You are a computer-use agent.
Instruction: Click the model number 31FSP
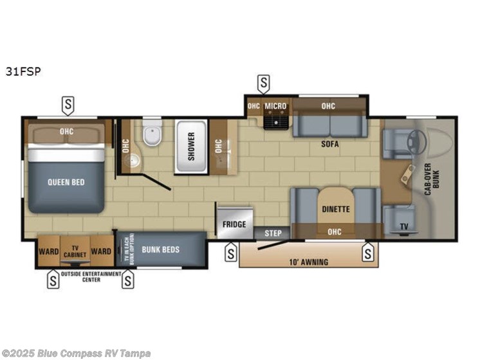23,72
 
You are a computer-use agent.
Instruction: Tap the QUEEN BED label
66,182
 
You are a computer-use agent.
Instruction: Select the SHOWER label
191,147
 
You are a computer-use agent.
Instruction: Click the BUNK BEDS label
160,249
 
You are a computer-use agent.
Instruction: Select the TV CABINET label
75,251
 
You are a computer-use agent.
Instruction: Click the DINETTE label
336,209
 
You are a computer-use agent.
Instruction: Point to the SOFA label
330,145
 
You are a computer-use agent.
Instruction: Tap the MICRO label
275,106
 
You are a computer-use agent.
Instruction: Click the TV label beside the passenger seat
403,226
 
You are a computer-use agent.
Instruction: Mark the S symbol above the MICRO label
263,82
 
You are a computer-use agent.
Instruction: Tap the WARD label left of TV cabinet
48,251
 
